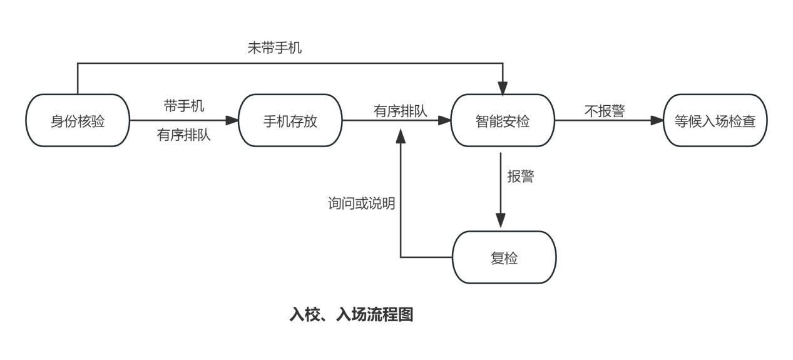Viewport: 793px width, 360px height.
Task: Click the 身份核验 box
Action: [x=78, y=121]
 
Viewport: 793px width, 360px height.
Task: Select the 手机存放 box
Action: [x=290, y=121]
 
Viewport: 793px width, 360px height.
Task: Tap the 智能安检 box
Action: [x=503, y=121]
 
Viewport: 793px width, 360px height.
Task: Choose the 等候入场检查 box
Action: [x=715, y=121]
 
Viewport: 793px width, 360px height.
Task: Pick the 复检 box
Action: [x=504, y=257]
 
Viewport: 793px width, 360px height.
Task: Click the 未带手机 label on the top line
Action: [x=275, y=48]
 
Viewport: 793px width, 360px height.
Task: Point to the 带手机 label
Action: [x=184, y=106]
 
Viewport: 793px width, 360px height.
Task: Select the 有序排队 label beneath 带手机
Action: [x=184, y=135]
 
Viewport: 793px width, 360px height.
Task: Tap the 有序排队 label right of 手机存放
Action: [x=401, y=111]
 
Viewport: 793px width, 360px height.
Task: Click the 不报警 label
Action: [x=605, y=111]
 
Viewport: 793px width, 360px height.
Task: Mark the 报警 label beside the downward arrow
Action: [x=521, y=177]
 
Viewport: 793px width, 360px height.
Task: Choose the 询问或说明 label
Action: [x=362, y=203]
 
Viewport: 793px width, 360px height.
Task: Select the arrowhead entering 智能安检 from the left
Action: [x=445, y=121]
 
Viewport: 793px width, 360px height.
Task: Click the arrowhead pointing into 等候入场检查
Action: [x=657, y=121]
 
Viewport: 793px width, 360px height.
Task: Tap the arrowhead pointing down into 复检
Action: [x=501, y=220]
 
